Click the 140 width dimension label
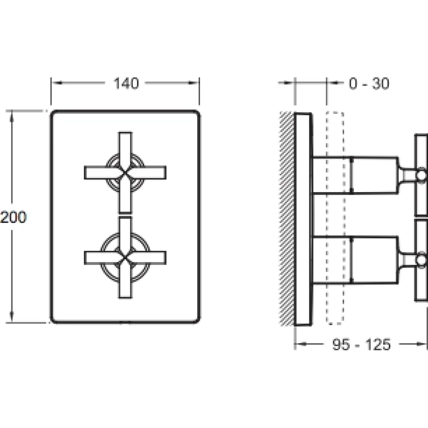126,83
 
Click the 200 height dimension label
14,217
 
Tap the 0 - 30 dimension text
369,83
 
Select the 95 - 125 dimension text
361,344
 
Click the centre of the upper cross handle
125,172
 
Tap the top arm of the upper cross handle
125,144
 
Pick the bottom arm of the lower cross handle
125,285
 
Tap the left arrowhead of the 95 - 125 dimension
300,344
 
